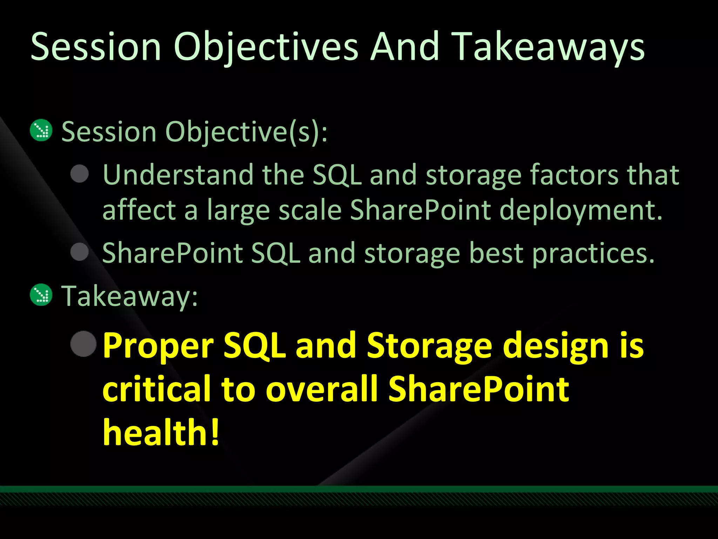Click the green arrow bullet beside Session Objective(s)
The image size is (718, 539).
[x=41, y=131]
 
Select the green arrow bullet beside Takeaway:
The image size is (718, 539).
[x=41, y=295]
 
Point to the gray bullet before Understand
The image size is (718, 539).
[x=80, y=174]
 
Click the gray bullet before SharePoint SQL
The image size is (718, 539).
[x=80, y=252]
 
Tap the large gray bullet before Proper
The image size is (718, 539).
[x=83, y=344]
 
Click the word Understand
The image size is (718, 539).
[x=178, y=174]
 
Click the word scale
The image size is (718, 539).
[x=310, y=210]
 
